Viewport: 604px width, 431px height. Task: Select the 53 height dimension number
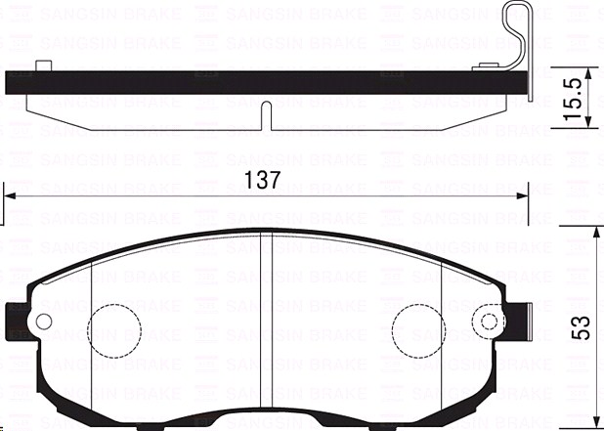[x=582, y=328]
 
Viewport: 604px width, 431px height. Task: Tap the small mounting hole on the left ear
[x=42, y=321]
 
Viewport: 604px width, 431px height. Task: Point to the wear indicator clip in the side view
[x=521, y=39]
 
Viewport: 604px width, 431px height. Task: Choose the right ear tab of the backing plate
[x=516, y=320]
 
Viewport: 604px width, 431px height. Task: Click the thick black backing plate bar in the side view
[x=264, y=84]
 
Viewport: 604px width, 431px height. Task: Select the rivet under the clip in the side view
[x=486, y=67]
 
